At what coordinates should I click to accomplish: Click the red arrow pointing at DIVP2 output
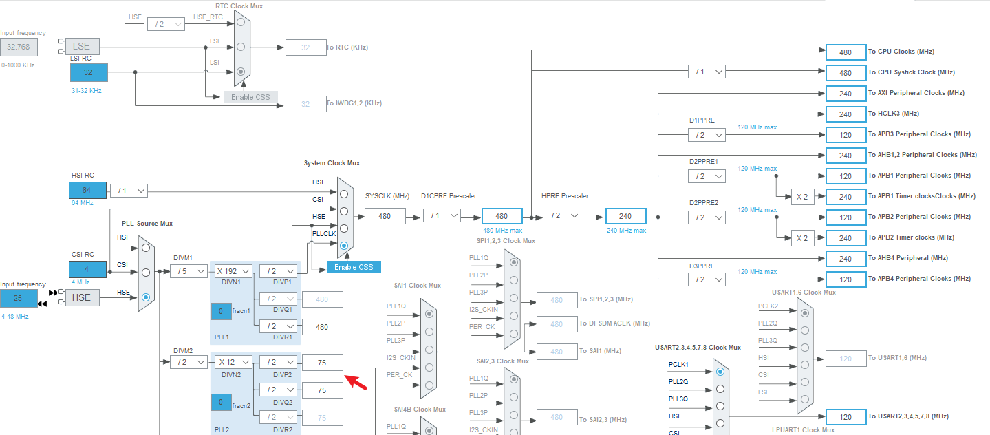click(x=356, y=382)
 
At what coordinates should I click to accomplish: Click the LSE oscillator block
click(x=82, y=47)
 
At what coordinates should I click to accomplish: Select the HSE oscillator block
click(x=82, y=298)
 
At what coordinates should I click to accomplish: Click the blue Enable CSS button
click(x=354, y=267)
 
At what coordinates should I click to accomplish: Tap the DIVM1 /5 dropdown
click(x=189, y=271)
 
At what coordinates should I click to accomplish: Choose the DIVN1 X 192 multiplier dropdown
click(x=232, y=271)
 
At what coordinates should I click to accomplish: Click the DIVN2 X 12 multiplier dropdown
click(x=232, y=362)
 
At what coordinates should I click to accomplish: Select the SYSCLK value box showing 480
click(x=385, y=216)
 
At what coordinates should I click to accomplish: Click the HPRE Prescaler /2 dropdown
click(x=562, y=216)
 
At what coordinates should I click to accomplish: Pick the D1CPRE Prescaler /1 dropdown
click(x=441, y=216)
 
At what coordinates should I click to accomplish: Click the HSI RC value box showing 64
click(x=87, y=191)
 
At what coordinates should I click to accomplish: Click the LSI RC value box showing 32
click(x=88, y=72)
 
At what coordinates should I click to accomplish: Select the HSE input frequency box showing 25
click(x=19, y=298)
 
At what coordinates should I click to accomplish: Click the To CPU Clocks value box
click(x=846, y=52)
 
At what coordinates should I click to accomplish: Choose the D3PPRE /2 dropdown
click(x=707, y=279)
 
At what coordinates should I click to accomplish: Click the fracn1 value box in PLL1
click(x=221, y=311)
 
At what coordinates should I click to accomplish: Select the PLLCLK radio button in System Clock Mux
click(x=344, y=245)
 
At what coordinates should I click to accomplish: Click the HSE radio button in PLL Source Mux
click(x=145, y=297)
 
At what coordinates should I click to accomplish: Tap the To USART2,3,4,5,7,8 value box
click(x=846, y=417)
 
